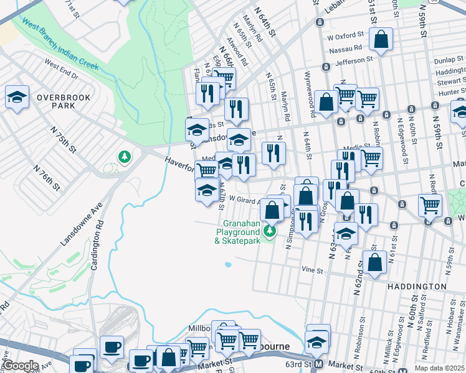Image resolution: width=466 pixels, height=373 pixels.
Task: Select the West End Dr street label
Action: (61, 69)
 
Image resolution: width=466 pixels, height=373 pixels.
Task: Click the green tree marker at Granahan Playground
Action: (269, 231)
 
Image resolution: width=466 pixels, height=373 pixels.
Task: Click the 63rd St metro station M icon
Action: (318, 364)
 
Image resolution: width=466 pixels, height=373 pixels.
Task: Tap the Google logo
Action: (20, 366)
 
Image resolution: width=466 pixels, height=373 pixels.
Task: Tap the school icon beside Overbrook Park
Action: (17, 96)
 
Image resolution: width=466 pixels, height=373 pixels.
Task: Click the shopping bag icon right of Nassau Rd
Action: (380, 39)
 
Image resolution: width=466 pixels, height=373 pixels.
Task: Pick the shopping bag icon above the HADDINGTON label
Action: (374, 262)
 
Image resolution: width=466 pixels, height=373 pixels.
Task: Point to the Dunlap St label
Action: (450, 60)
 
